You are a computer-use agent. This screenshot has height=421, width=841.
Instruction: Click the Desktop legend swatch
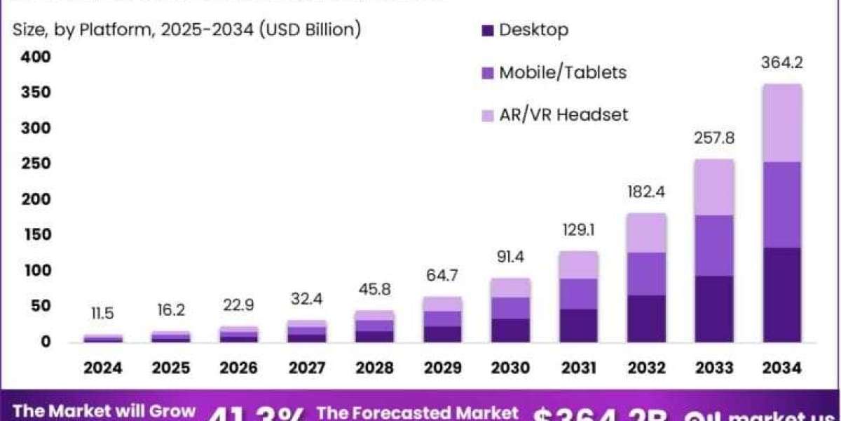click(x=488, y=30)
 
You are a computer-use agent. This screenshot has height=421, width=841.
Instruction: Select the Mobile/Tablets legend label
click(x=563, y=72)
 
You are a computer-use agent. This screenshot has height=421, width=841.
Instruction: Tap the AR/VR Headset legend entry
click(x=563, y=114)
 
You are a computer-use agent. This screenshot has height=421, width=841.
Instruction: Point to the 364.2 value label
click(x=781, y=62)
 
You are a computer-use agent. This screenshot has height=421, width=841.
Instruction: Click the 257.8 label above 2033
click(x=716, y=138)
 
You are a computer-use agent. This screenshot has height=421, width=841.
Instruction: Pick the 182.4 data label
click(x=647, y=191)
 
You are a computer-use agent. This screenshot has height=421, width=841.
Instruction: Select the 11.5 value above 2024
click(x=103, y=314)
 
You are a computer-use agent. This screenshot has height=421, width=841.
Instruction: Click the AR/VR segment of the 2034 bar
click(x=782, y=123)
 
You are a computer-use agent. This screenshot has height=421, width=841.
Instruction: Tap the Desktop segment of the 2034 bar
click(x=782, y=295)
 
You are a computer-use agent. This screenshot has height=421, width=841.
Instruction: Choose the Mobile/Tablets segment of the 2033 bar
click(x=714, y=246)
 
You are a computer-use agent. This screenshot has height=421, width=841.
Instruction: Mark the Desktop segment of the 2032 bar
click(x=646, y=319)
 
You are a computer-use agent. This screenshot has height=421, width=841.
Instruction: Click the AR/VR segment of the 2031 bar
click(x=579, y=265)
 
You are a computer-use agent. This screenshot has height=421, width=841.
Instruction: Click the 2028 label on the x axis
click(x=375, y=368)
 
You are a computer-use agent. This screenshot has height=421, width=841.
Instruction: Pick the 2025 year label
click(x=171, y=368)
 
